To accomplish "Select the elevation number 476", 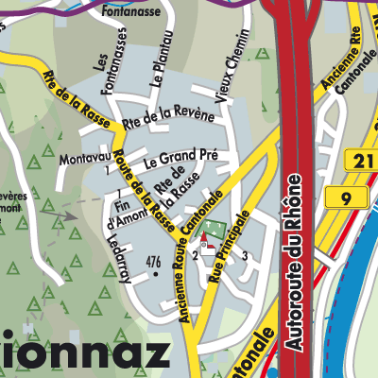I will point(154,262).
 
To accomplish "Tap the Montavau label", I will point(84,162).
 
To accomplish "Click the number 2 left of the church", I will point(195,255).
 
